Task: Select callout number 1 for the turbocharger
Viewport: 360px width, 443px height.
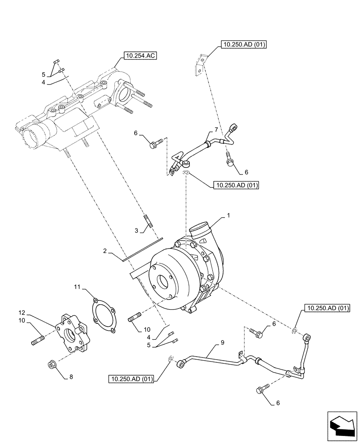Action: tap(228, 215)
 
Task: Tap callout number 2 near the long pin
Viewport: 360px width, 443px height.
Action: tap(105, 251)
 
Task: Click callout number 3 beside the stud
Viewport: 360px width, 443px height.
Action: tap(137, 230)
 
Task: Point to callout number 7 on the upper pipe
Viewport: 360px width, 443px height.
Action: tap(216, 129)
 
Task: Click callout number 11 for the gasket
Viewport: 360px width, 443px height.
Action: tap(77, 288)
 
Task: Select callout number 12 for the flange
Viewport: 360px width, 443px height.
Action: tap(23, 313)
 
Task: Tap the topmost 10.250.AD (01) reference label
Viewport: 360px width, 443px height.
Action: tap(243, 44)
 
